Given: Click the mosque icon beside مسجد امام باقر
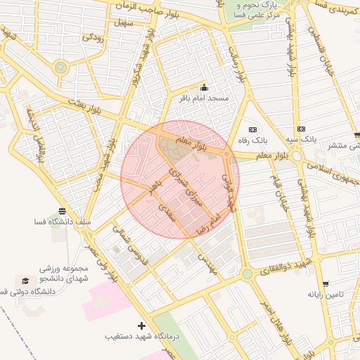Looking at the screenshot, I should click(x=205, y=87).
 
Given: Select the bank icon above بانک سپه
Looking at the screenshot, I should click(x=301, y=129).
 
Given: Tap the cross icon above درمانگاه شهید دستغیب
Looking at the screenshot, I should click(x=142, y=326).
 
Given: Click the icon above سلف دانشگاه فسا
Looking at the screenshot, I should click(x=63, y=211).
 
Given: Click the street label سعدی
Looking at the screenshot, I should click(x=166, y=209).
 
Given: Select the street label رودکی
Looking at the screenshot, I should click(x=94, y=37).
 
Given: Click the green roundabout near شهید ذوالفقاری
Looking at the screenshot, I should click(x=247, y=274).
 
